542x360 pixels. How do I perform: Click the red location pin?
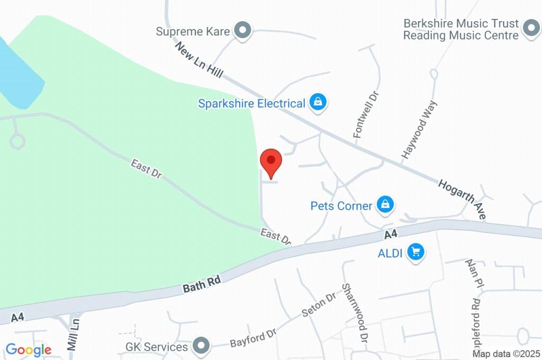coord(271,161)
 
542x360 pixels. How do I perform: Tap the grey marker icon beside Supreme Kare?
coord(243,31)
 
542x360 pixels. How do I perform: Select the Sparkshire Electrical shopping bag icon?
coord(318,103)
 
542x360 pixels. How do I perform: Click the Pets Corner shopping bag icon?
coord(386,205)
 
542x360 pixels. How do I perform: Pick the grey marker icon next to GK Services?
coord(201,347)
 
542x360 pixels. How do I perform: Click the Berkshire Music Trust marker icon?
coord(530,29)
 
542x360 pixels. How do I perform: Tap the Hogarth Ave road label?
coord(462,199)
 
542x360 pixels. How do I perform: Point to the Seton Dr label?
coord(319,304)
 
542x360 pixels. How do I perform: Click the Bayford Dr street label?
coord(253,338)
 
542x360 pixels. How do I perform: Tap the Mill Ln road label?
coord(74,334)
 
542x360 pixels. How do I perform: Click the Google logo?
coord(29,349)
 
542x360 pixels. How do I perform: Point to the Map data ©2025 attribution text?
coord(507,354)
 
